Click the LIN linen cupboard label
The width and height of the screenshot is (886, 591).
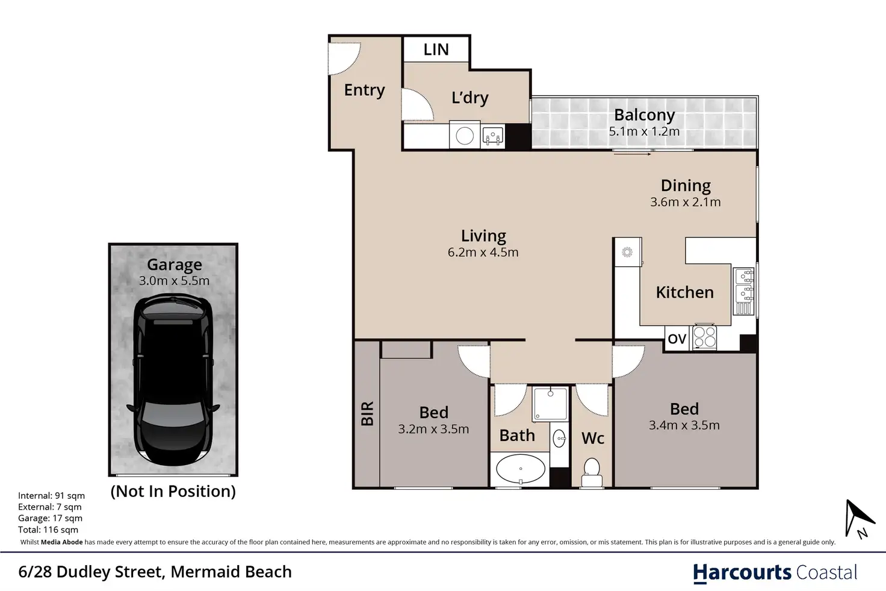tap(436, 49)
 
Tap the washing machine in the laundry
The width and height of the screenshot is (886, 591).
tap(465, 136)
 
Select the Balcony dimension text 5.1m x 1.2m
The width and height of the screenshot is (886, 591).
tap(644, 131)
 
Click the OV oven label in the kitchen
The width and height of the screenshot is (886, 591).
tap(677, 339)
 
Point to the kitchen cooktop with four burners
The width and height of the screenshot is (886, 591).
tap(704, 337)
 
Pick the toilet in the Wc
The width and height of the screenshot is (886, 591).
tap(592, 472)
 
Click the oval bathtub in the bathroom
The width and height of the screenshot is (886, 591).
tap(521, 469)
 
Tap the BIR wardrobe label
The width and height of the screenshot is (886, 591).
tap(367, 413)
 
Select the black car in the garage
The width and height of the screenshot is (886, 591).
tap(173, 379)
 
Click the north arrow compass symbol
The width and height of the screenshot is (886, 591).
tap(858, 519)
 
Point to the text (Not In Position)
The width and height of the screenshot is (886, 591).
tap(173, 491)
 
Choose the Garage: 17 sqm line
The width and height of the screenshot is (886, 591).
tap(50, 518)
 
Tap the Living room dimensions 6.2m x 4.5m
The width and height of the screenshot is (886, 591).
tap(483, 252)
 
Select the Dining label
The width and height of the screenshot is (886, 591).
tap(686, 186)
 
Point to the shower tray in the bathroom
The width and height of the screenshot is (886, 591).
tap(550, 404)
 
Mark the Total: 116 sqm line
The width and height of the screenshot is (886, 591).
tap(48, 530)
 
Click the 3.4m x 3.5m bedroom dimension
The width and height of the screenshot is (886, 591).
tap(684, 425)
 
